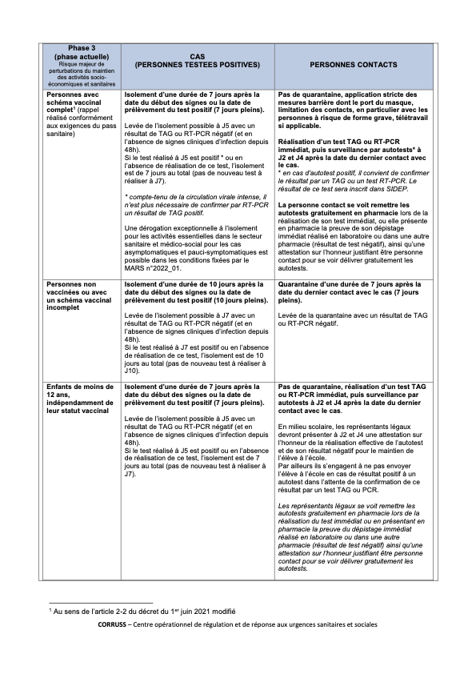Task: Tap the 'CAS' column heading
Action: click(197, 57)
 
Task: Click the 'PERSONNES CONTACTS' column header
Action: click(354, 64)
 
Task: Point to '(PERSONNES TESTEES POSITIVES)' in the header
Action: click(197, 64)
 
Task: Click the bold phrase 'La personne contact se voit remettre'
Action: click(338, 205)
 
